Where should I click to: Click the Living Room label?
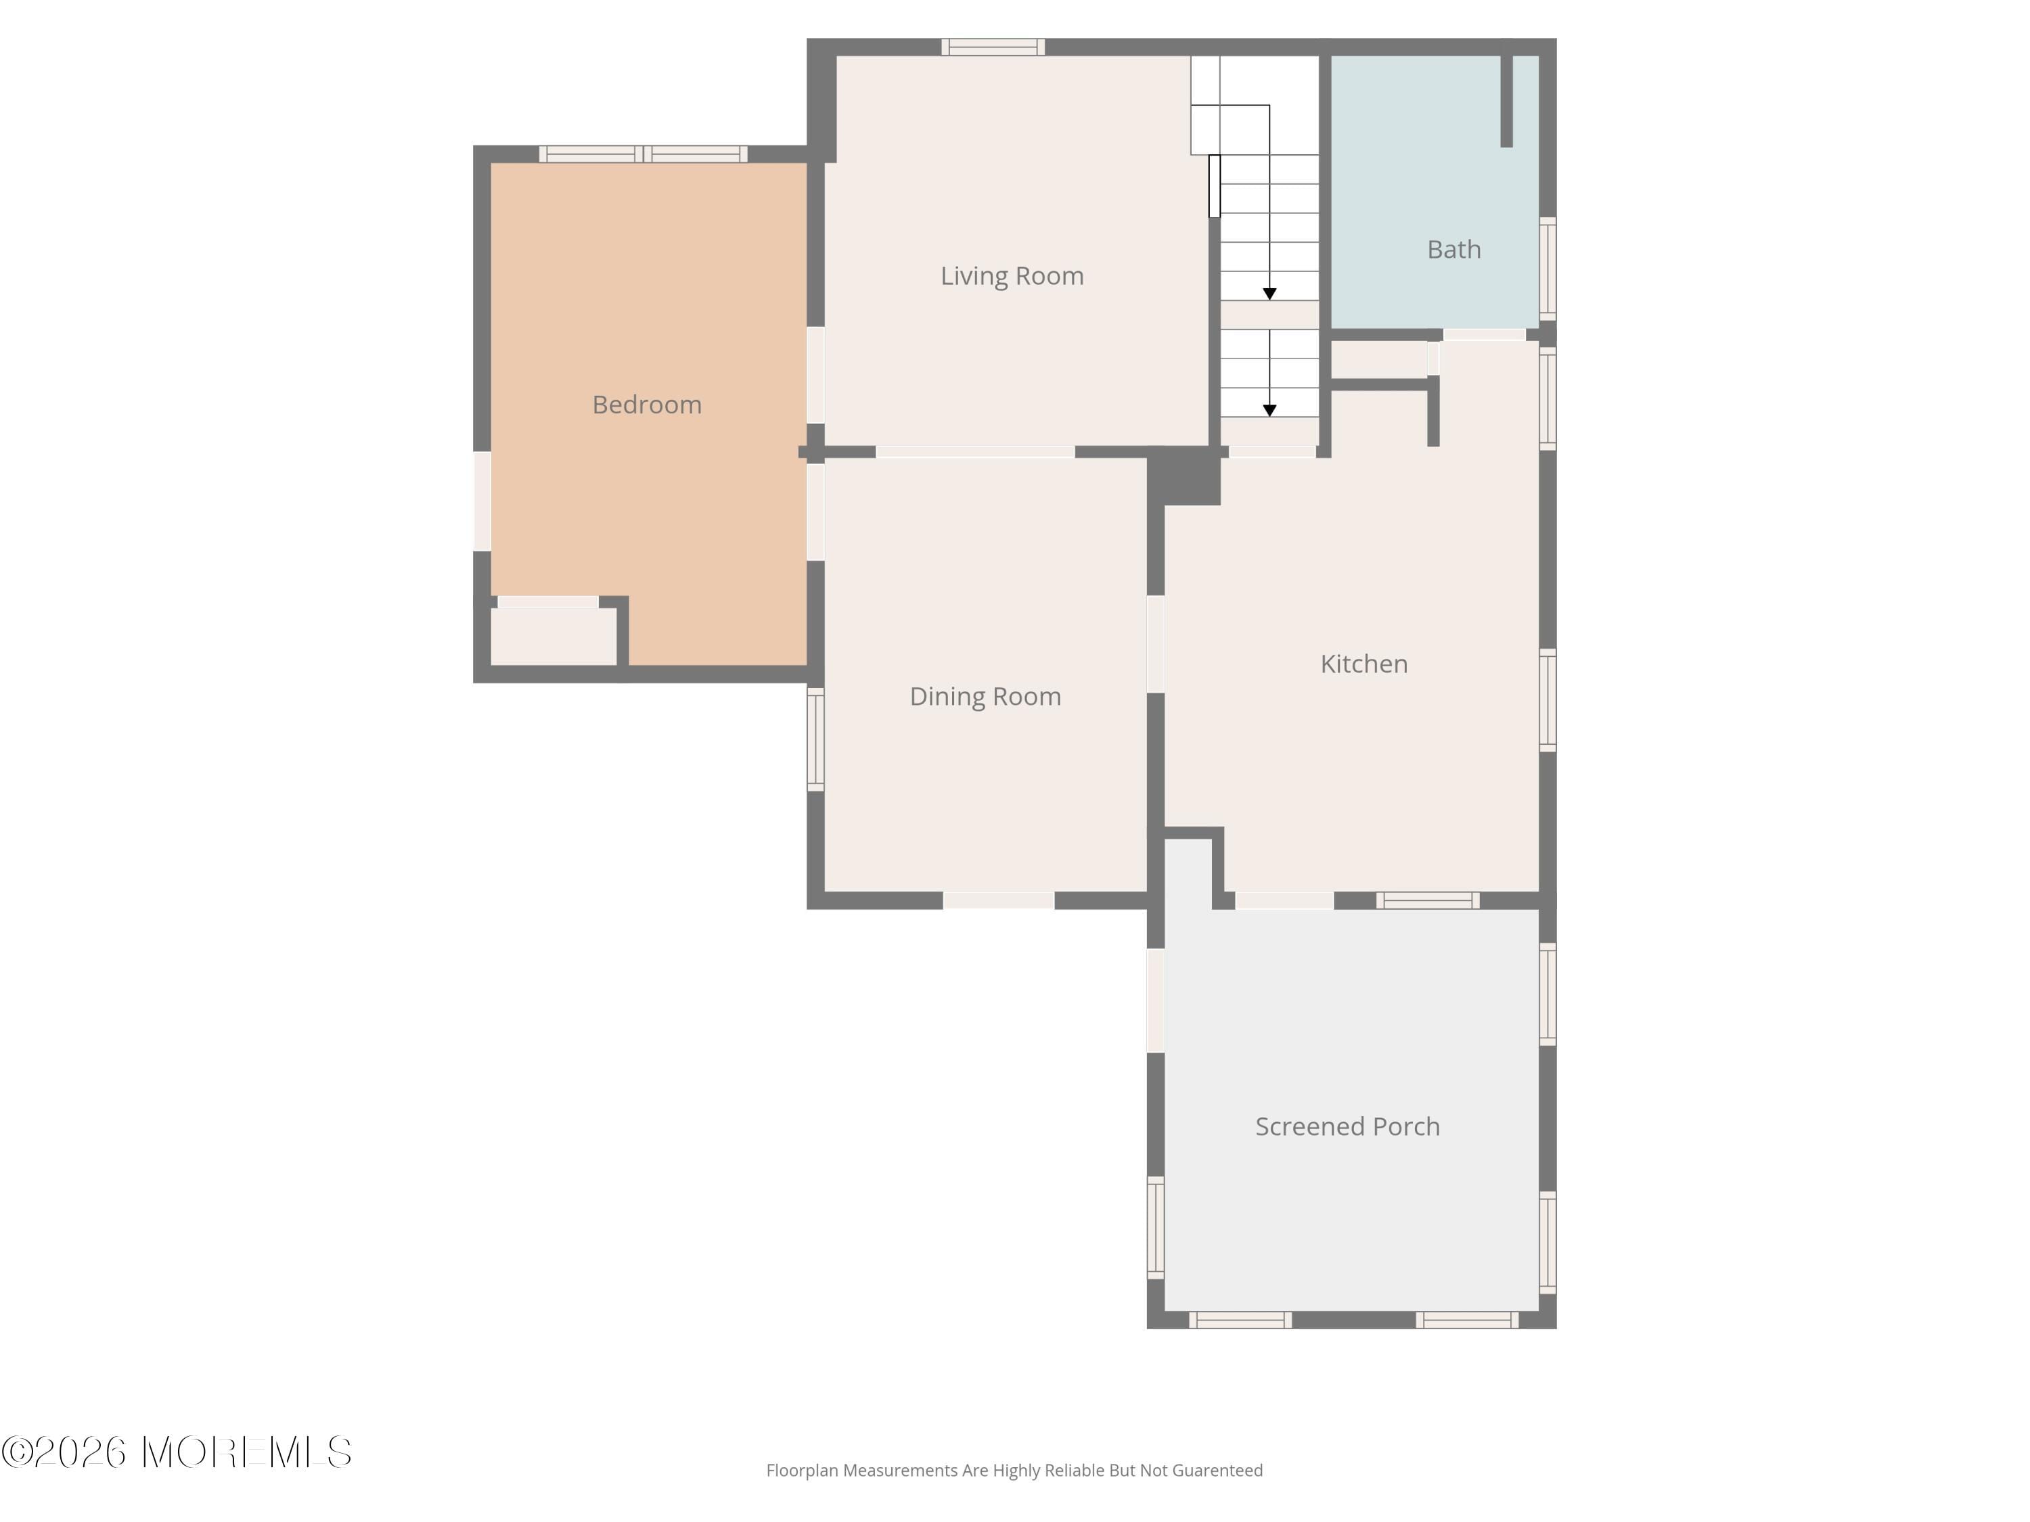(x=1012, y=275)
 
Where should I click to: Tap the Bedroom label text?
(x=646, y=405)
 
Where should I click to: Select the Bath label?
(x=1453, y=250)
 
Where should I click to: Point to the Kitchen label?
(x=1363, y=664)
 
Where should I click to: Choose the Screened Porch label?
(x=1347, y=1126)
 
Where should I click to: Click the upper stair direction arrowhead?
(x=1269, y=294)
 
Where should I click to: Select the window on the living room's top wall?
(x=993, y=47)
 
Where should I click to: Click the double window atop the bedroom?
(x=644, y=154)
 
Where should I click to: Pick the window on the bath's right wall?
(x=1548, y=268)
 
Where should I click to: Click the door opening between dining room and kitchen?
(x=1156, y=644)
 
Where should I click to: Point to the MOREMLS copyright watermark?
(x=176, y=1452)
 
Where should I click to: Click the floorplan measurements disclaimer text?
(x=1014, y=1471)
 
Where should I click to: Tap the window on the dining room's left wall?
(x=815, y=739)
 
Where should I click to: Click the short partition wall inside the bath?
(x=1506, y=99)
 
